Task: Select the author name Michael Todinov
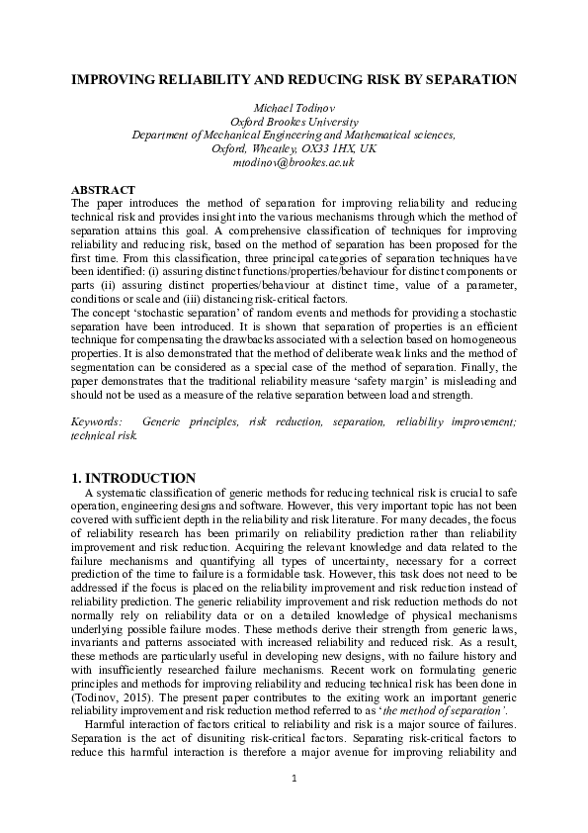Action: [294, 106]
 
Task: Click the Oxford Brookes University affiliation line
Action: [294, 120]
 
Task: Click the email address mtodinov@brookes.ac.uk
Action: [294, 161]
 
